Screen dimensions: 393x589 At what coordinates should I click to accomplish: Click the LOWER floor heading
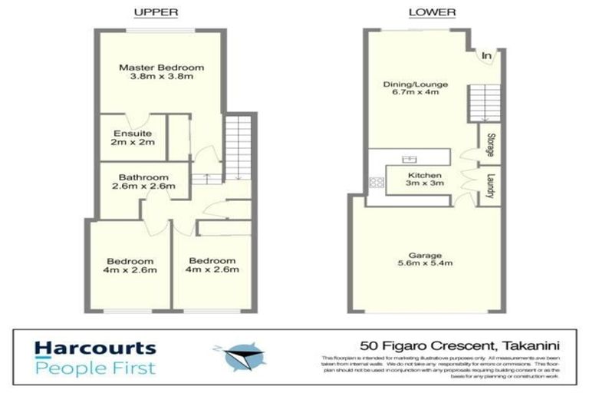(431, 12)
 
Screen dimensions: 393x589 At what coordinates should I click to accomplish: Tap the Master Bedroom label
(155, 72)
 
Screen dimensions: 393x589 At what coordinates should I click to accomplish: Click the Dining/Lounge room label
(415, 89)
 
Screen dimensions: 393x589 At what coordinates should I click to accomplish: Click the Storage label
(489, 145)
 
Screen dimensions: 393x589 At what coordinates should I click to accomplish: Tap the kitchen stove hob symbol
(377, 183)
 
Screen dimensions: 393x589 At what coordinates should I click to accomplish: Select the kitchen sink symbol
(407, 160)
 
